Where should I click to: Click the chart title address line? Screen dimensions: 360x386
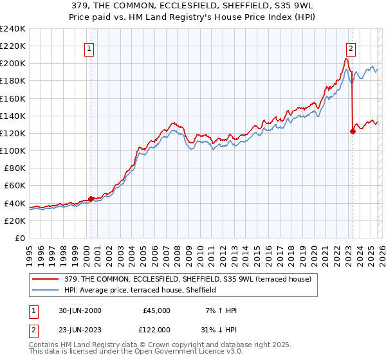coord(193,6)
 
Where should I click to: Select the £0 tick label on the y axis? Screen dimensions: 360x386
coord(21,238)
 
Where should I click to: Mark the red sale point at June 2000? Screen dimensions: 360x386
coord(91,199)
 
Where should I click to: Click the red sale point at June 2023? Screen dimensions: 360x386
coord(353,132)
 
